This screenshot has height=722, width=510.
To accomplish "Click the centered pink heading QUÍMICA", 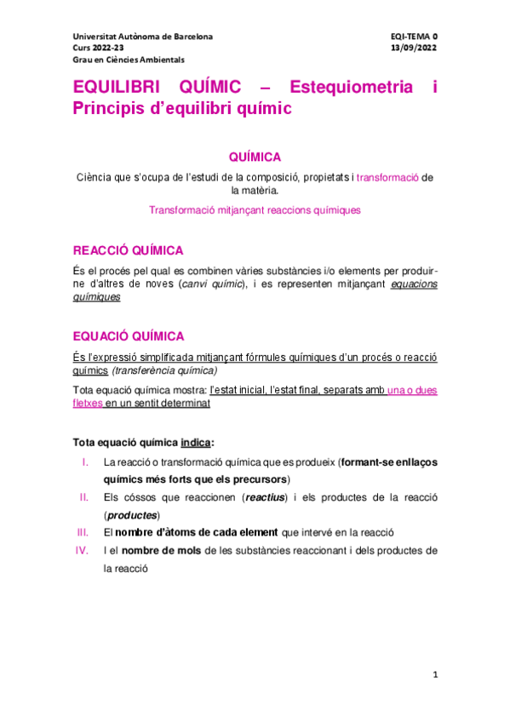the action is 255,157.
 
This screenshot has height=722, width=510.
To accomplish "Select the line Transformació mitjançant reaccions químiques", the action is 255,209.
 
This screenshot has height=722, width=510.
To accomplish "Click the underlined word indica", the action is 194,443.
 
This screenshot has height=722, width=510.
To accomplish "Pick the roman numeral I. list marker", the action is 85,462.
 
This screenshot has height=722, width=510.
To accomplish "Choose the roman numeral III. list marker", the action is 82,532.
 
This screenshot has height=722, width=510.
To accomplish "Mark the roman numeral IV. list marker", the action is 82,550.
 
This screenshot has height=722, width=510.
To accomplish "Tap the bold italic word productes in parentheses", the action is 135,515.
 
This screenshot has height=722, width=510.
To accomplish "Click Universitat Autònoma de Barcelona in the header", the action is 143,37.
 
